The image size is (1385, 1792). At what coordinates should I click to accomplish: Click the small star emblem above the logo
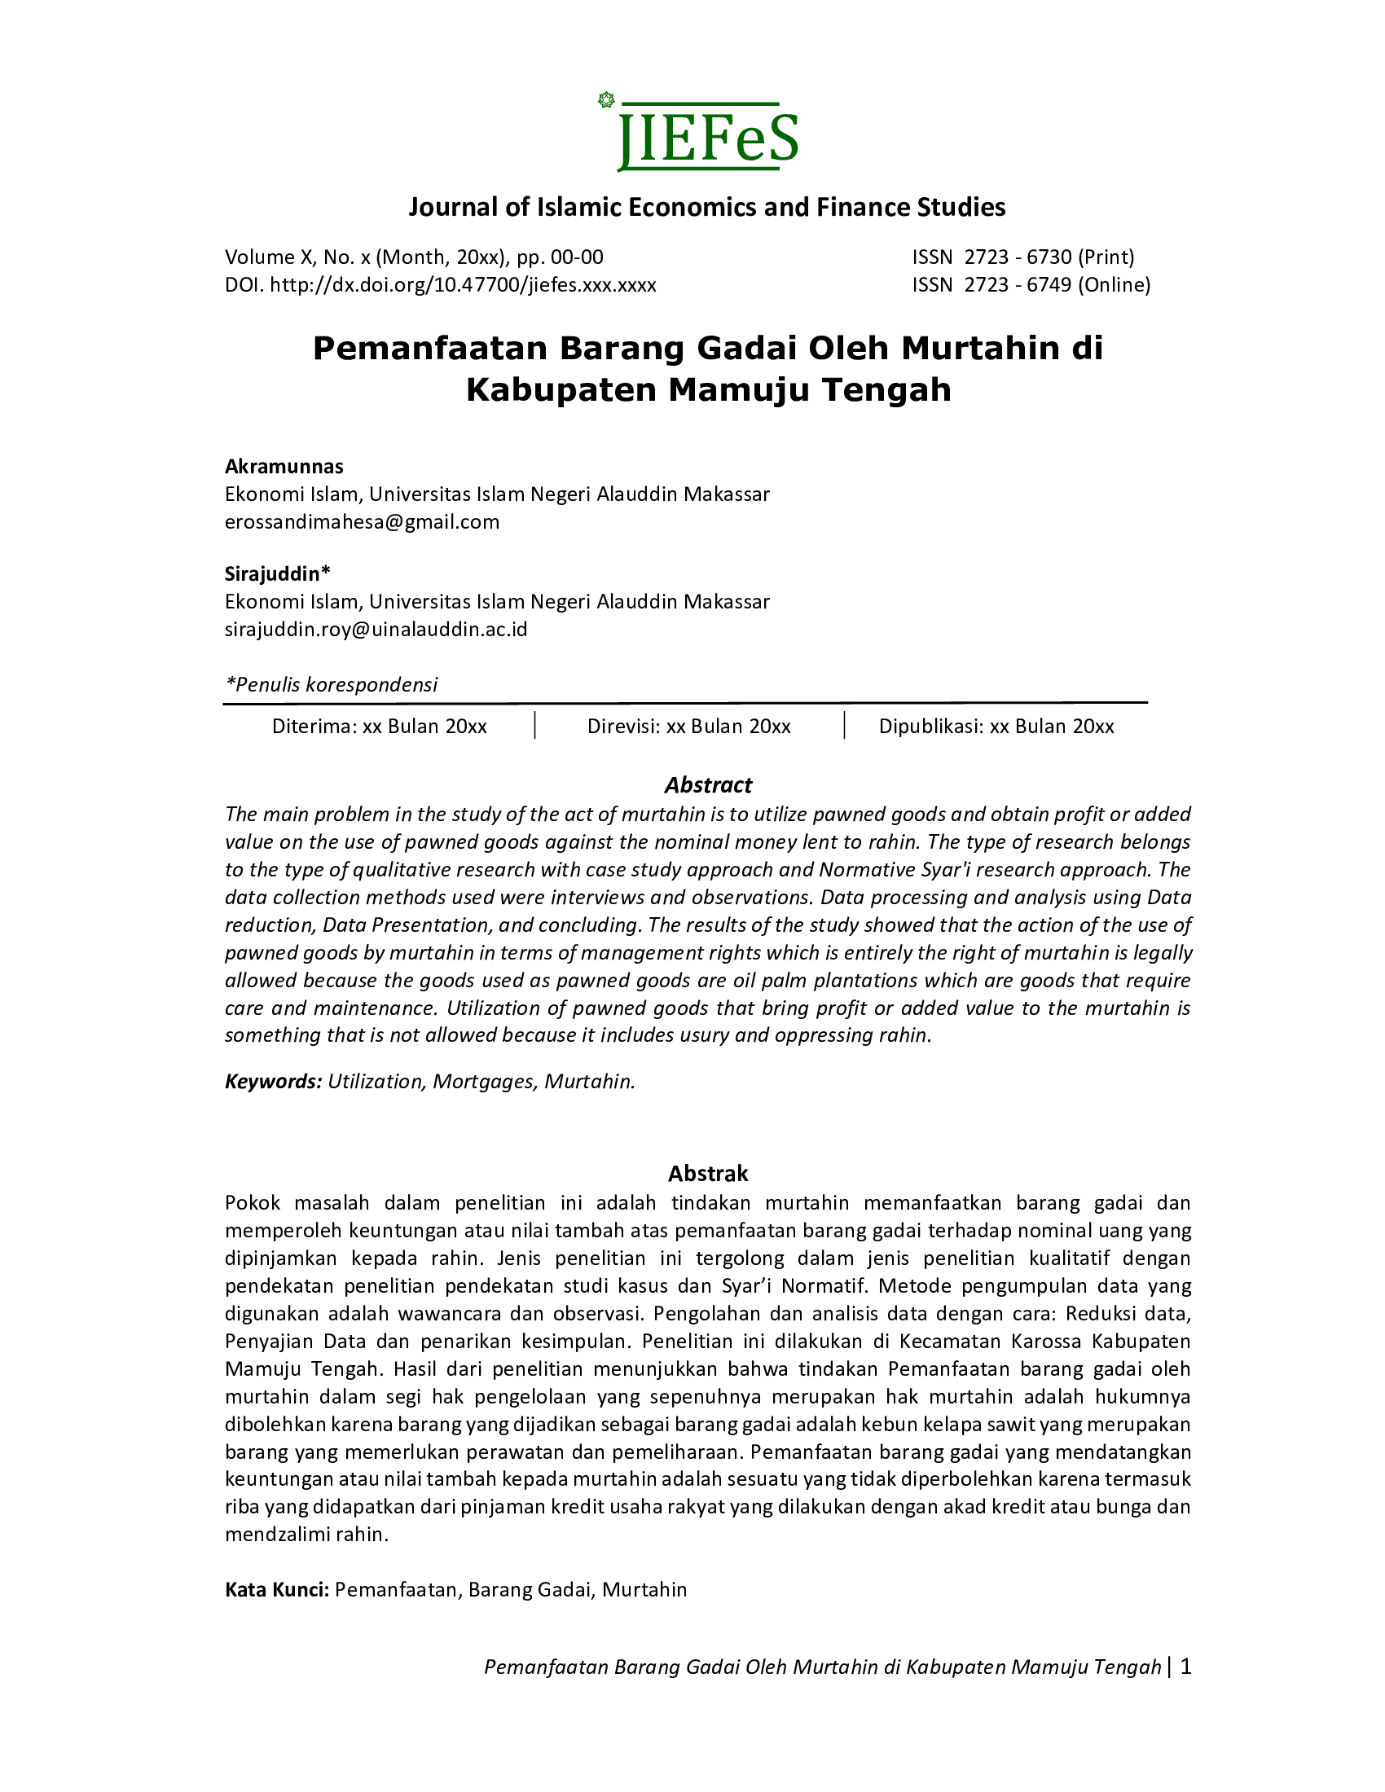click(606, 100)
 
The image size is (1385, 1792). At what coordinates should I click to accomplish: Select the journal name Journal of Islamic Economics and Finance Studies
click(706, 207)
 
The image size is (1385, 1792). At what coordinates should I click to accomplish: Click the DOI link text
click(463, 285)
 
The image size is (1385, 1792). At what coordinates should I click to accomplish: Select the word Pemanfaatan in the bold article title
click(429, 349)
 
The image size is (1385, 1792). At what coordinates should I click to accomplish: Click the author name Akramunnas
click(284, 467)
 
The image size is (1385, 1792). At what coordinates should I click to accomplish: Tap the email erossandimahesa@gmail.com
click(362, 522)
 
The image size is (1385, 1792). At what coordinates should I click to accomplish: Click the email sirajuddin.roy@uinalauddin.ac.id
click(376, 630)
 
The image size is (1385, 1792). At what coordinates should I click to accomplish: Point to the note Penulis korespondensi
click(332, 684)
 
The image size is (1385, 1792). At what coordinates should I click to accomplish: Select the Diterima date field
click(379, 726)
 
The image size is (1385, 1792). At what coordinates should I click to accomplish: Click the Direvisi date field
click(688, 726)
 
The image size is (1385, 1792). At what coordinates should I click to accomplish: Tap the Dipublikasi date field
click(996, 726)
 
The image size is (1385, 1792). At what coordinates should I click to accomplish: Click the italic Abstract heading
click(708, 785)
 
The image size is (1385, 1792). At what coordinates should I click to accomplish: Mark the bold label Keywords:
click(273, 1082)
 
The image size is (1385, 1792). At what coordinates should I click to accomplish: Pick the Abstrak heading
click(708, 1173)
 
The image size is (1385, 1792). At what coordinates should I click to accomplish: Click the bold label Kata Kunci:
click(277, 1590)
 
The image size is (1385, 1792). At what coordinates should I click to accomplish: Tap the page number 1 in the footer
click(1185, 1667)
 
